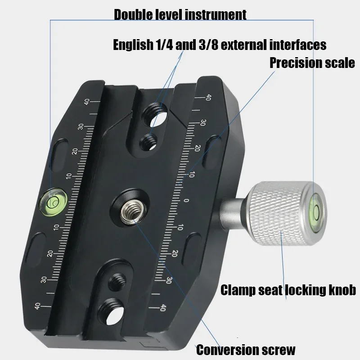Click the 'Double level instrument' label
coord(180,14)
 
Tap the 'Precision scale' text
coord(312,63)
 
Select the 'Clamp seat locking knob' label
coord(288,289)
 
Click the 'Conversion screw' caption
coord(246,349)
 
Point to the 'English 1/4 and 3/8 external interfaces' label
coord(219,45)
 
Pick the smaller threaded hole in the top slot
coord(149,143)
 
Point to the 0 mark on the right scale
coord(187,201)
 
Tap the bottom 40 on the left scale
coord(37,306)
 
